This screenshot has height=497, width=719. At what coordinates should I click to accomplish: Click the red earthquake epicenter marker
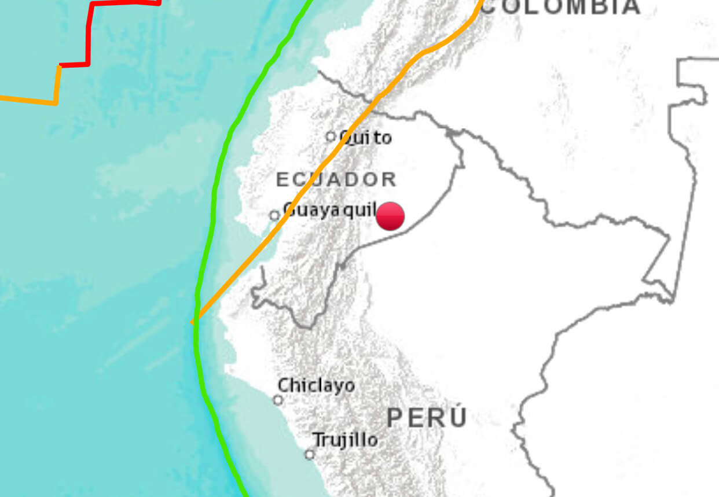390,216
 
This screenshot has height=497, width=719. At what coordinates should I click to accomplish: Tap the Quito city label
366,138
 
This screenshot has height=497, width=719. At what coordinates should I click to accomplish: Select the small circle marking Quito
331,137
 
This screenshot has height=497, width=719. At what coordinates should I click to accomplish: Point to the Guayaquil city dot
274,215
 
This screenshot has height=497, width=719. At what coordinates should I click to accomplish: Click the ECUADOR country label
336,179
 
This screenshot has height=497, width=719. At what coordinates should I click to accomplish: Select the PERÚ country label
427,418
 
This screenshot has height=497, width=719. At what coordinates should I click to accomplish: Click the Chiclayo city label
316,385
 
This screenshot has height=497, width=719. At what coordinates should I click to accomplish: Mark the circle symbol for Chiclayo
278,400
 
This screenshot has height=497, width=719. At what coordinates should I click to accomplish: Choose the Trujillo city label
346,440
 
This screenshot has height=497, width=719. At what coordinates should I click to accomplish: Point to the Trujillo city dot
310,454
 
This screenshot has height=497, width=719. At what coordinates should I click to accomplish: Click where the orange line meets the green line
196,319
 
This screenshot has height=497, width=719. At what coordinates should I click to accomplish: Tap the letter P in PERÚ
395,418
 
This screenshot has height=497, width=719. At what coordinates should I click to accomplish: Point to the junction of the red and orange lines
59,65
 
